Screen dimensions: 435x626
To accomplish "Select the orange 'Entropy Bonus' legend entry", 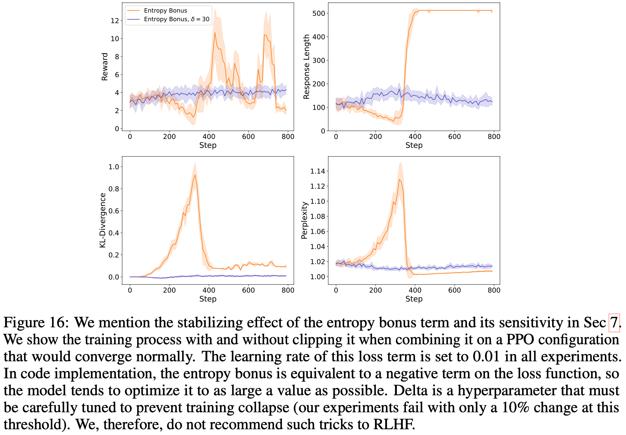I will click(166, 11).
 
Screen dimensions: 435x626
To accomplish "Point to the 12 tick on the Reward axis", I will click(115, 21).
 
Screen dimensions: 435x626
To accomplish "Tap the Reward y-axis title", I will click(105, 67).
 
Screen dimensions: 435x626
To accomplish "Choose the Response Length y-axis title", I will click(306, 67).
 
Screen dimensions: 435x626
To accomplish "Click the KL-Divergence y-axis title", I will click(103, 220).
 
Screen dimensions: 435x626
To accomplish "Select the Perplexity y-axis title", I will click(304, 220).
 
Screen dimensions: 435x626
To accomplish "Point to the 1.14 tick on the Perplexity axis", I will click(317, 171).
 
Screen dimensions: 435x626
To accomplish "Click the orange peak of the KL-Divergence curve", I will click(195, 175).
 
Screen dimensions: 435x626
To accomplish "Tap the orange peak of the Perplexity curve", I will click(400, 180).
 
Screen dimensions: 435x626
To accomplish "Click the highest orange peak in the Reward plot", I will click(215, 32).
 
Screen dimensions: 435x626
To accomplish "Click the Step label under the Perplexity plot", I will click(414, 299).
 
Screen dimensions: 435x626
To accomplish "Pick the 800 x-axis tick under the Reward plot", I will click(288, 137).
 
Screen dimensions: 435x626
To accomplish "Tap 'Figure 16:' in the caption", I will click(36, 322).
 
